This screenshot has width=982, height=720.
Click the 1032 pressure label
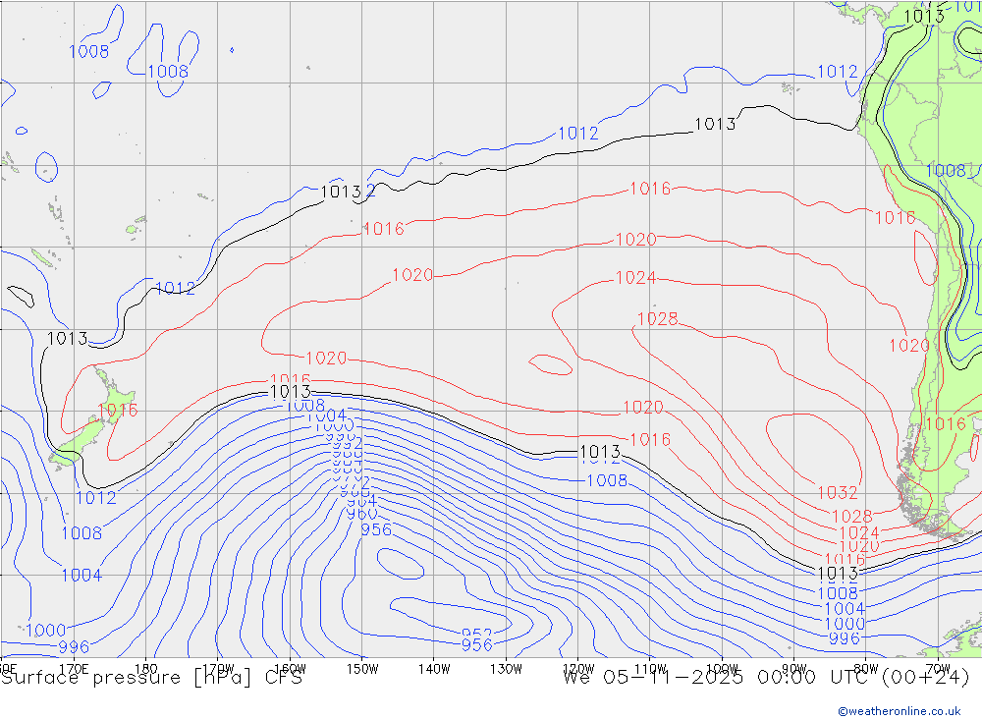(837, 493)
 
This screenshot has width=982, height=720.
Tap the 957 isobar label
(476, 634)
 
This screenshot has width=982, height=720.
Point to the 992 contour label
(345, 443)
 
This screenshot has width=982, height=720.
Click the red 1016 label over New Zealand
(118, 410)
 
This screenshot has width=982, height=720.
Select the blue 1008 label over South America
(945, 171)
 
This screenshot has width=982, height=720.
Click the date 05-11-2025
(678, 678)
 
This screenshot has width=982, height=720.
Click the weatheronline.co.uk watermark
(899, 710)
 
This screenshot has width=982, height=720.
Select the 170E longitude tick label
(74, 668)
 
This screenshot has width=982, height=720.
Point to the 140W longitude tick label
(433, 668)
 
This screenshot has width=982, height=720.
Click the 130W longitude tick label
(506, 668)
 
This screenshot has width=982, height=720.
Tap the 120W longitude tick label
(577, 668)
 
